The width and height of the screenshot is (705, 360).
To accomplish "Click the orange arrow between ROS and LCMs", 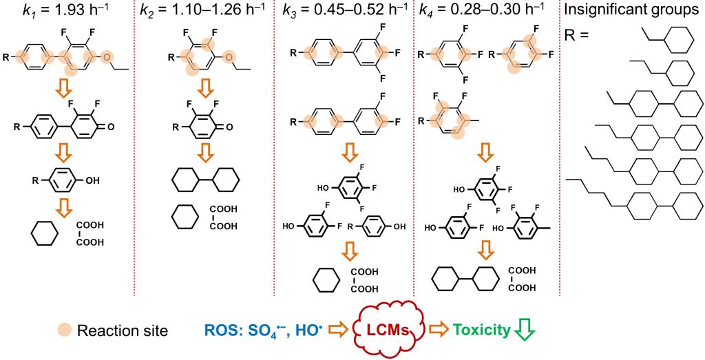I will [335, 331].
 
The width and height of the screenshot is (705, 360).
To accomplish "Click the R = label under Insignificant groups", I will [578, 33].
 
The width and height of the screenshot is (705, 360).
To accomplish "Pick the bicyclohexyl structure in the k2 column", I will [205, 180].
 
